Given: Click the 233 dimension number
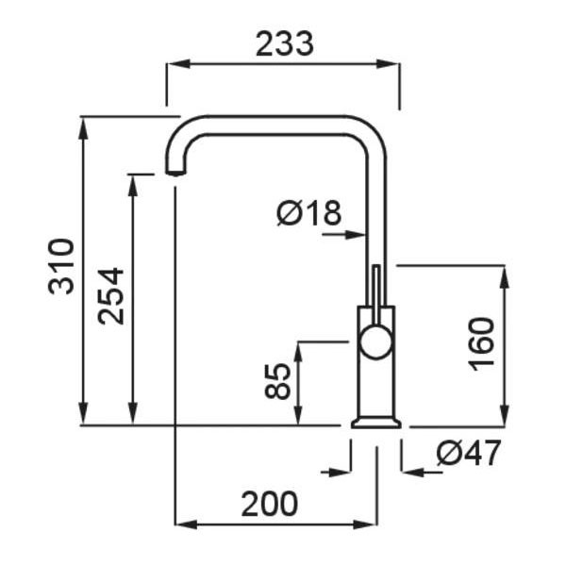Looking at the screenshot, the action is pyautogui.click(x=285, y=44).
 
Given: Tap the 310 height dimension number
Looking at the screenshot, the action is pyautogui.click(x=61, y=266).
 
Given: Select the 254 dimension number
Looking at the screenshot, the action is pyautogui.click(x=110, y=296).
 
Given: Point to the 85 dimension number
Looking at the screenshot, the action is pyautogui.click(x=277, y=381).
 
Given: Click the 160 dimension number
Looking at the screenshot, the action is pyautogui.click(x=481, y=344).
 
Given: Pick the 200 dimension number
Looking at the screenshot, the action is pyautogui.click(x=269, y=504).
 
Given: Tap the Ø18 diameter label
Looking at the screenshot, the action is pyautogui.click(x=308, y=213).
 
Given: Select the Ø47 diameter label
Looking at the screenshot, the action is pyautogui.click(x=469, y=453).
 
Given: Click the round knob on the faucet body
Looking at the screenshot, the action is pyautogui.click(x=375, y=341).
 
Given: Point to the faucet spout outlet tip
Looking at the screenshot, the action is pyautogui.click(x=175, y=173).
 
